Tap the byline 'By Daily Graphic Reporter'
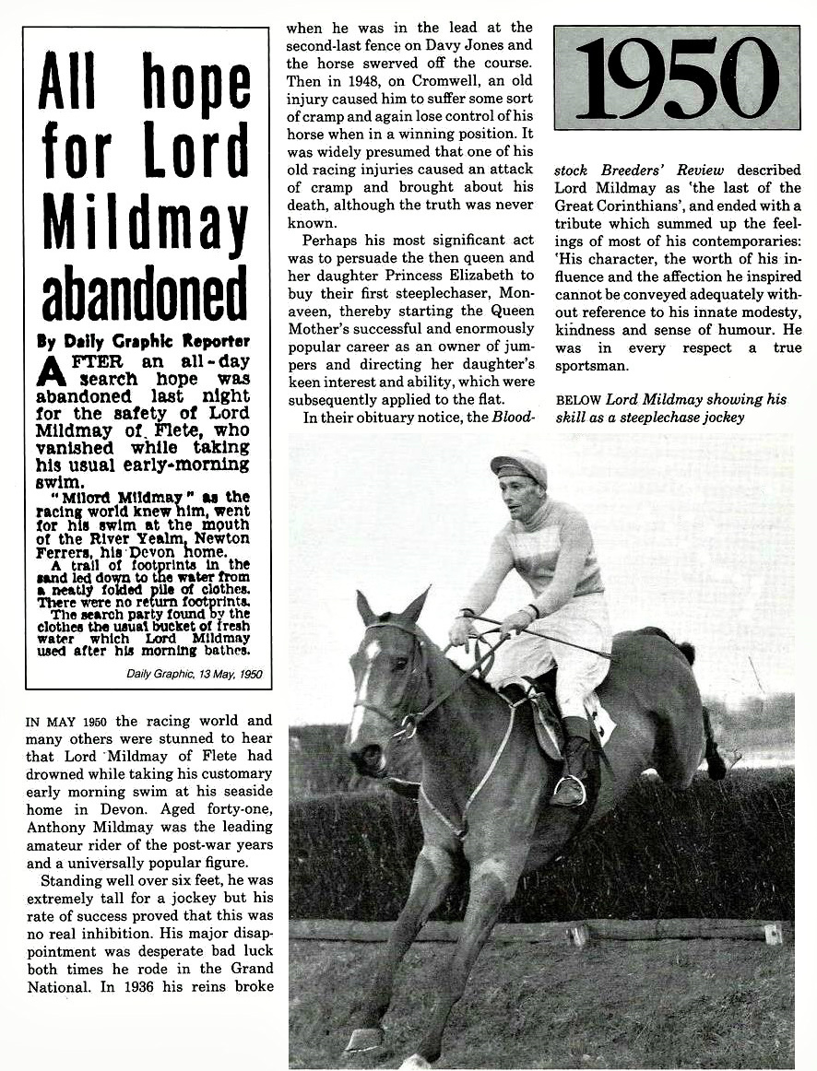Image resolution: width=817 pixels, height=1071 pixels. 143,341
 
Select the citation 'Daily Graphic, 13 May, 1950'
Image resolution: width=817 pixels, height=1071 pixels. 195,674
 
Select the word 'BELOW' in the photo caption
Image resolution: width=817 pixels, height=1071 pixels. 577,400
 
